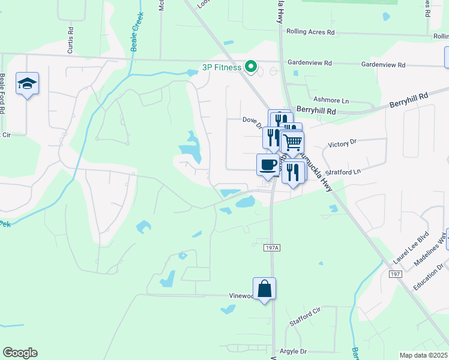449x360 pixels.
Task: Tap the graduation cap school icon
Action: click(x=27, y=83)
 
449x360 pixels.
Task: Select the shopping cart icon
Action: click(x=293, y=142)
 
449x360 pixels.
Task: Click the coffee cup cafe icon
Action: click(x=268, y=164)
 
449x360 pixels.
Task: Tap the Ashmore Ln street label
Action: click(x=331, y=100)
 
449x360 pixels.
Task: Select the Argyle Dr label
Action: click(x=293, y=351)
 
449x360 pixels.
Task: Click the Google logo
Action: click(x=20, y=353)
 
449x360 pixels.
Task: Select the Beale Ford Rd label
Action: click(x=3, y=90)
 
